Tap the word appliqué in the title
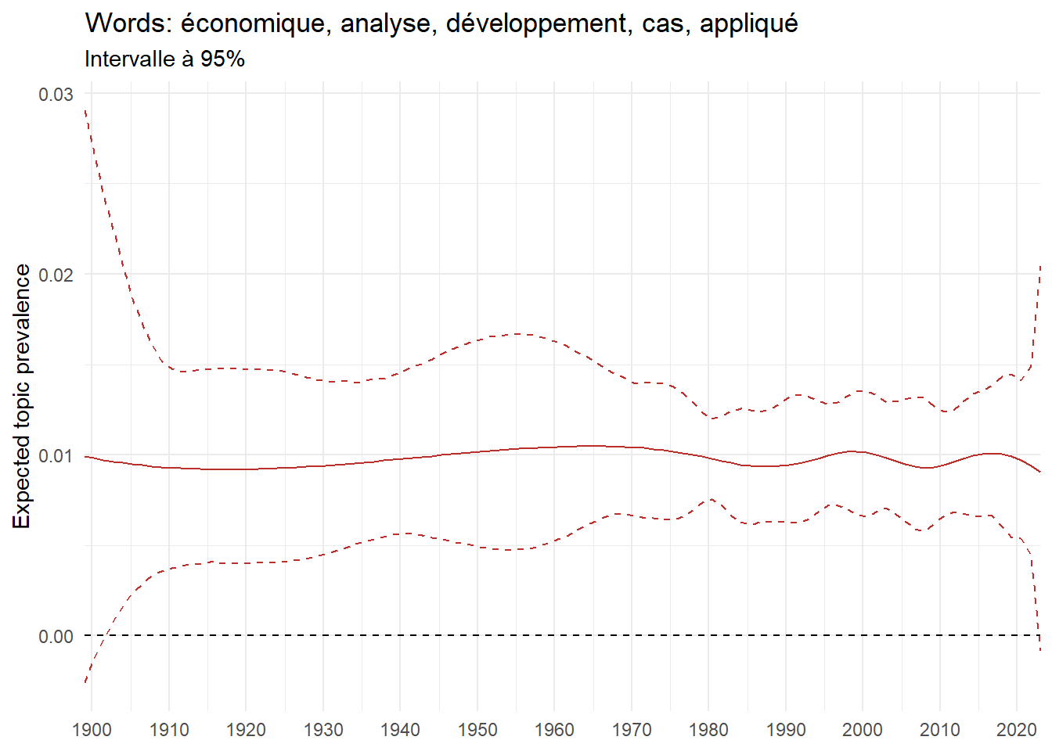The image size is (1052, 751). pyautogui.click(x=748, y=23)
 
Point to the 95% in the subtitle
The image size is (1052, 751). pyautogui.click(x=222, y=59)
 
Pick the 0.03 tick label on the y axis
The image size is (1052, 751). pyautogui.click(x=56, y=94)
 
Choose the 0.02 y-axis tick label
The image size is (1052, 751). pyautogui.click(x=56, y=275)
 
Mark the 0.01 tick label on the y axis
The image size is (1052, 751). pyautogui.click(x=56, y=455)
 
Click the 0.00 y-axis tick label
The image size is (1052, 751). pyautogui.click(x=56, y=636)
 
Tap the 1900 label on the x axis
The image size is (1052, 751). pyautogui.click(x=92, y=730)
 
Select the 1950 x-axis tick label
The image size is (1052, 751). pyautogui.click(x=477, y=730)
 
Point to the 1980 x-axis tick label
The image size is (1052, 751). pyautogui.click(x=708, y=730)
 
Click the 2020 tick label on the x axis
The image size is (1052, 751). pyautogui.click(x=1017, y=730)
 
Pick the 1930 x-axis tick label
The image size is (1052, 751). pyautogui.click(x=323, y=730)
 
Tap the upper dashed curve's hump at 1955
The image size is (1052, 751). pyautogui.click(x=517, y=334)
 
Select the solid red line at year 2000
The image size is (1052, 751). pyautogui.click(x=863, y=452)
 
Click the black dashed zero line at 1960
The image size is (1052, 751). pyautogui.click(x=554, y=636)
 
